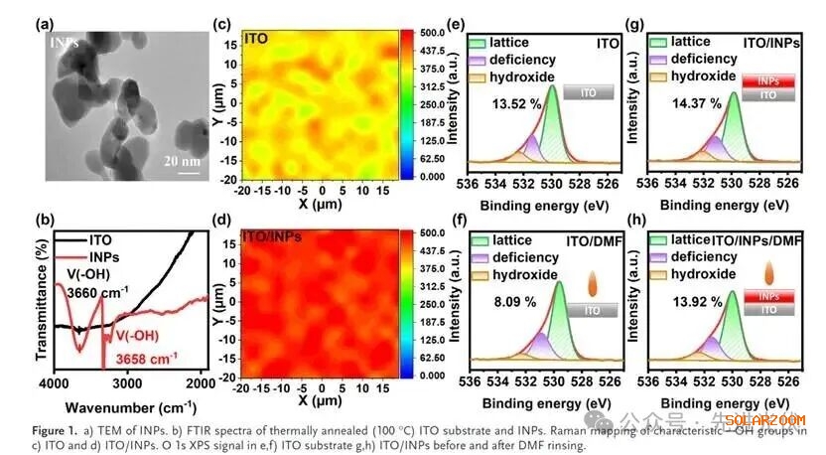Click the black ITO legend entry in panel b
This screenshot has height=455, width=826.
(x=87, y=239)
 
